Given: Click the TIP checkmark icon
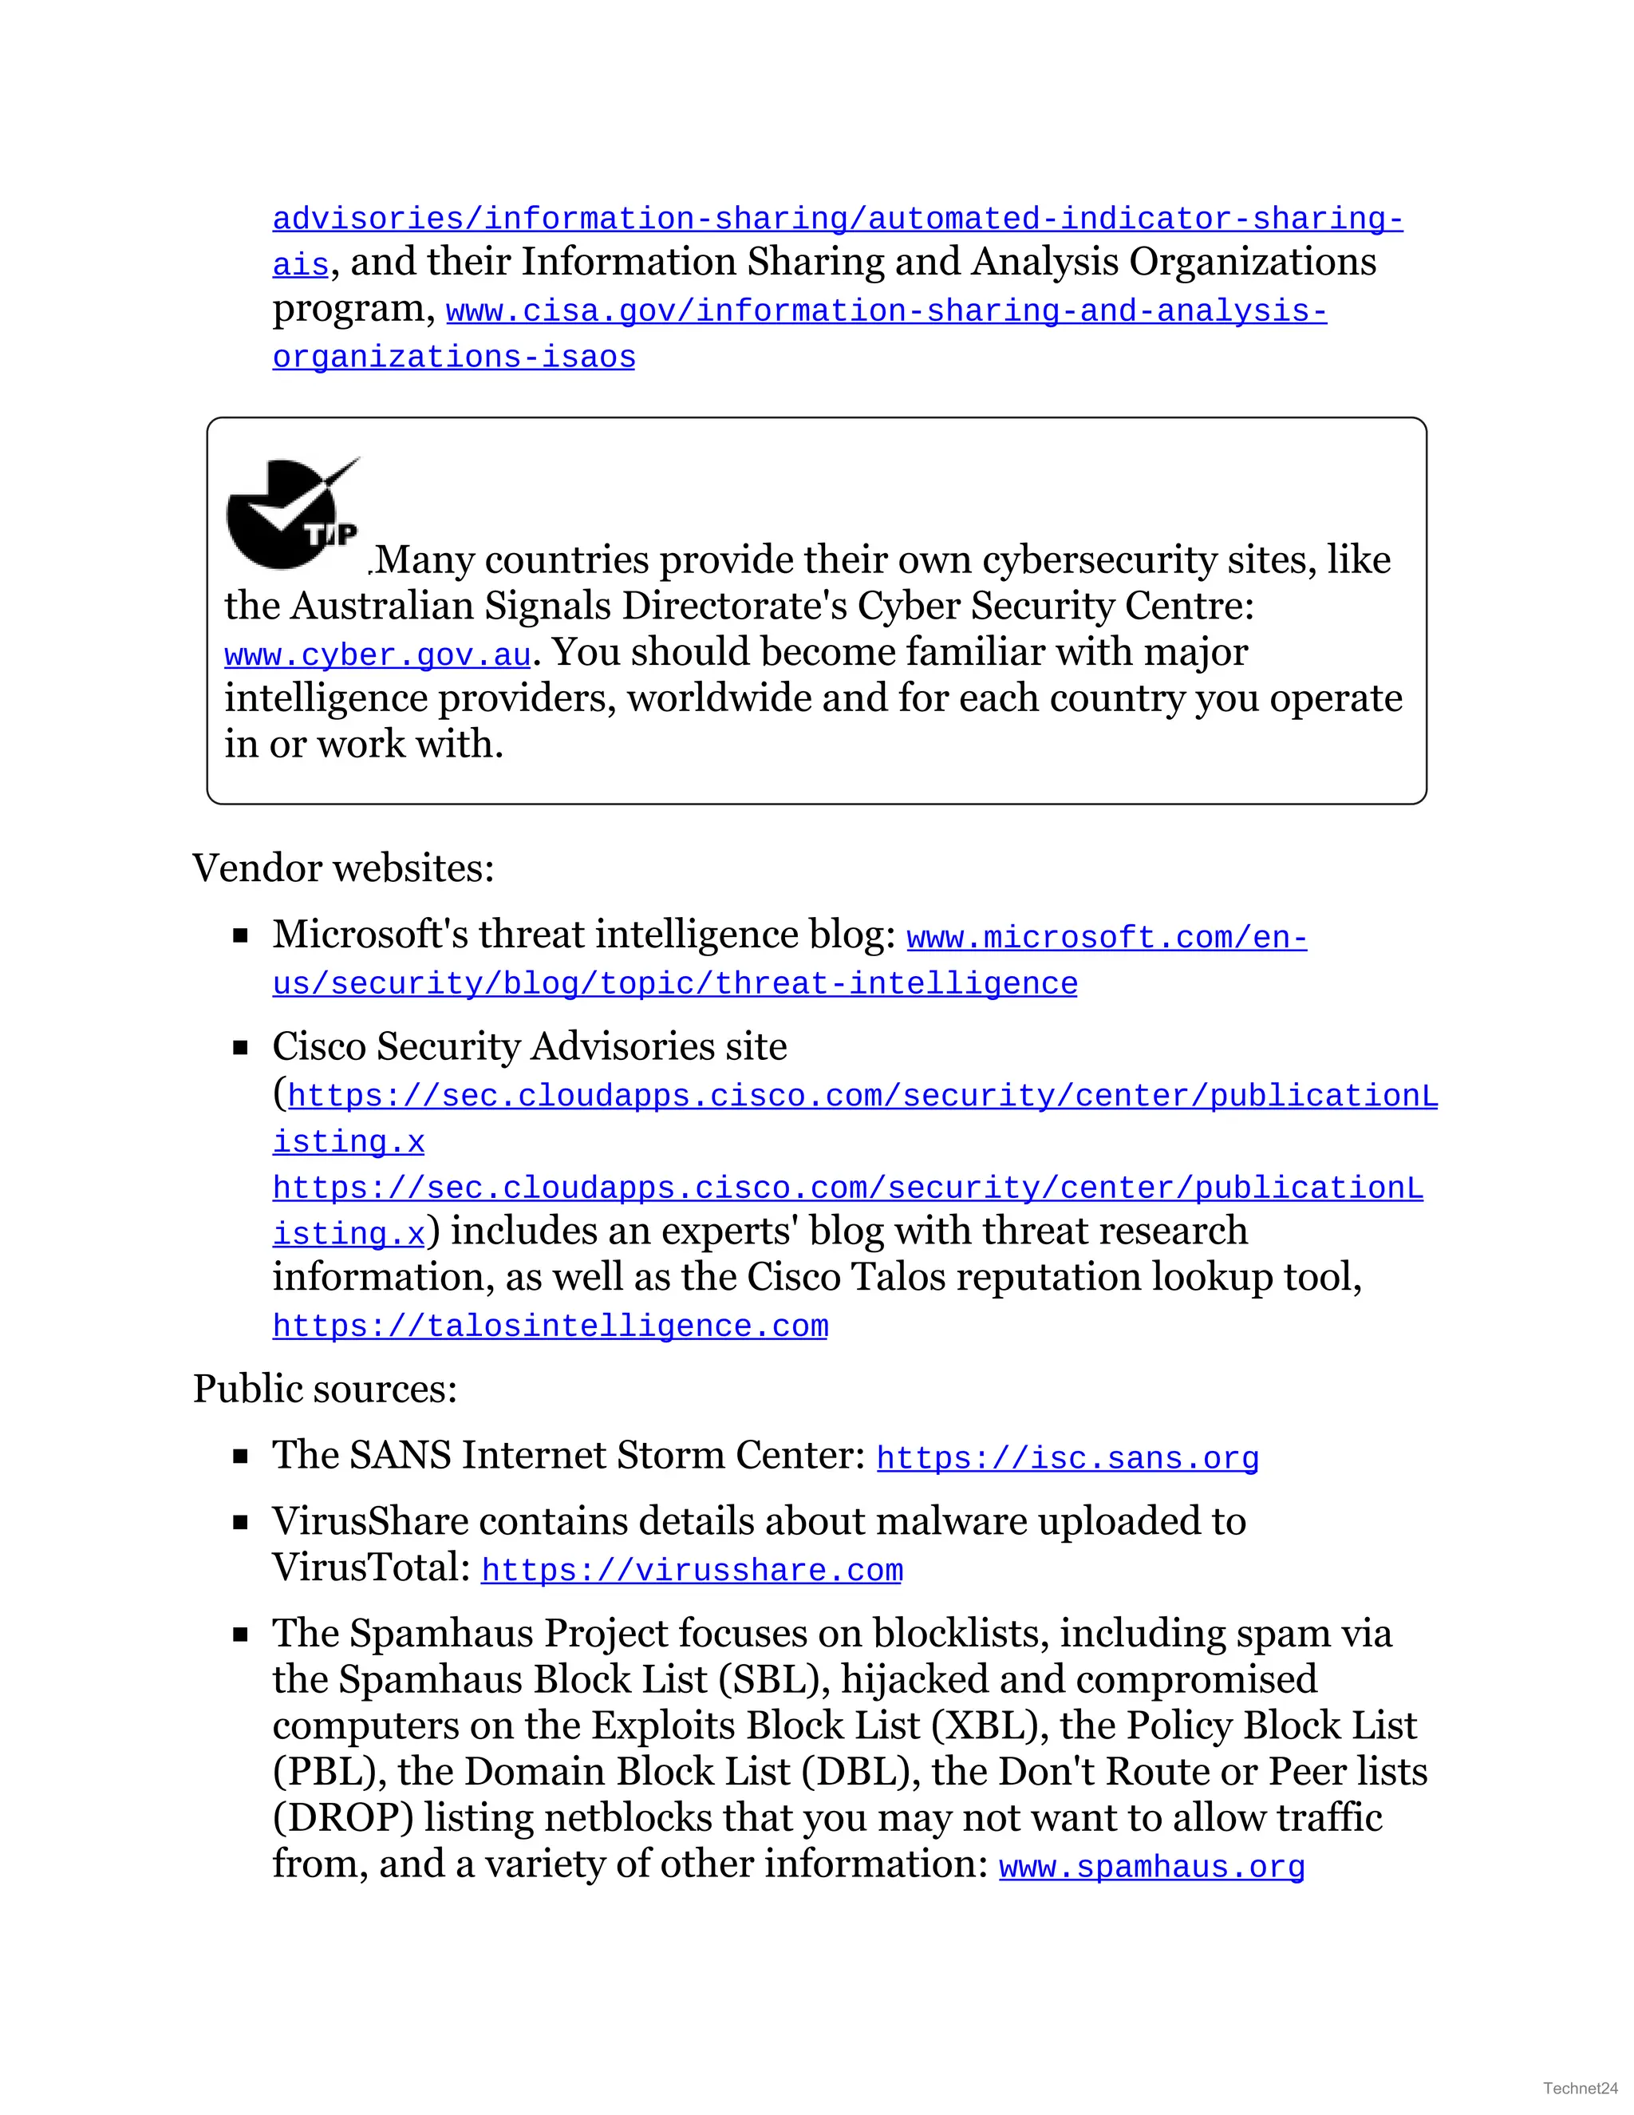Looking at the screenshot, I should click(291, 513).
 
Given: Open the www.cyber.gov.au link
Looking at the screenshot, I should click(377, 655).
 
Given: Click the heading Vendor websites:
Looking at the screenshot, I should click(342, 868).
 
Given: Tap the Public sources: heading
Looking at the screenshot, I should click(324, 1388).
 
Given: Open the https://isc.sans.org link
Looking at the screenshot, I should click(1067, 1457).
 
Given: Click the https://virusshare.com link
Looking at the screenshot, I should click(691, 1569).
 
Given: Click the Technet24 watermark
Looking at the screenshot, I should click(1580, 2088).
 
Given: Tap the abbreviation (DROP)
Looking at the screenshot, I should click(342, 1817).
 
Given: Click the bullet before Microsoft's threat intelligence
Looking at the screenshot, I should click(241, 935).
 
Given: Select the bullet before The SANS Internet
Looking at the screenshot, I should click(241, 1456).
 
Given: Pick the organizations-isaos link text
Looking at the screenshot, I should click(453, 358).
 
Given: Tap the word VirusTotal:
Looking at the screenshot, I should click(371, 1567).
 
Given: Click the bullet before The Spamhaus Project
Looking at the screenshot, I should click(241, 1635).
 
